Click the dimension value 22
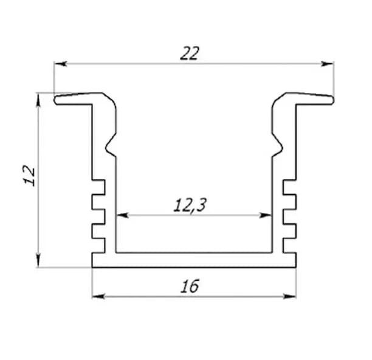[x=190, y=53]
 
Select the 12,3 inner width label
[x=190, y=205]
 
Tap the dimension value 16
[x=190, y=286]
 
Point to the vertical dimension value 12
[x=29, y=175]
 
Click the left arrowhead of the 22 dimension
[x=60, y=64]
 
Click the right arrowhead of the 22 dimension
[x=328, y=64]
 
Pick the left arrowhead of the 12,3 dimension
[x=122, y=215]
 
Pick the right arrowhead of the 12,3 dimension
[x=266, y=215]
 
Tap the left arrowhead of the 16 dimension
[x=98, y=296]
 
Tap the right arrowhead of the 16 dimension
[x=290, y=296]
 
